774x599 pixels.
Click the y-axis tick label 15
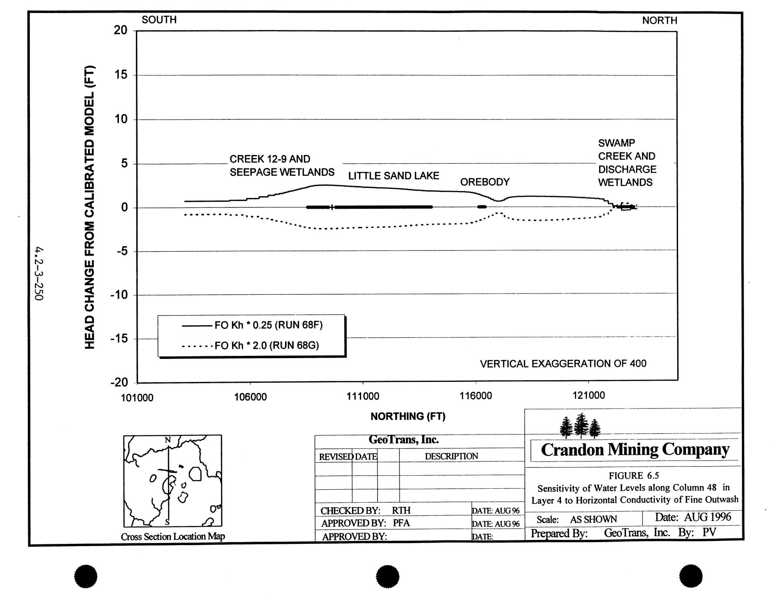121,75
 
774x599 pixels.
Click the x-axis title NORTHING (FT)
408,417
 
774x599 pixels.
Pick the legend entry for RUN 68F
268,325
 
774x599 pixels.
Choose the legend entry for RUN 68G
267,346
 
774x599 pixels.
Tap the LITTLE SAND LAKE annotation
393,176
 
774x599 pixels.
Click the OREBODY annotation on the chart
484,182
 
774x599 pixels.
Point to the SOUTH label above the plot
159,20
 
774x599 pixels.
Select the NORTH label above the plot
659,20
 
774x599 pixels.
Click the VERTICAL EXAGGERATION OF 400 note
563,364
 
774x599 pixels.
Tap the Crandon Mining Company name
635,450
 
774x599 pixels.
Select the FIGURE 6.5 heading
634,476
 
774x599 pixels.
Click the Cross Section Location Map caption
173,536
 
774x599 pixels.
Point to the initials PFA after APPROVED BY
401,523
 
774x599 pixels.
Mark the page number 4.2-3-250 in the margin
40,274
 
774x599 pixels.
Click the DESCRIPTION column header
451,456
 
